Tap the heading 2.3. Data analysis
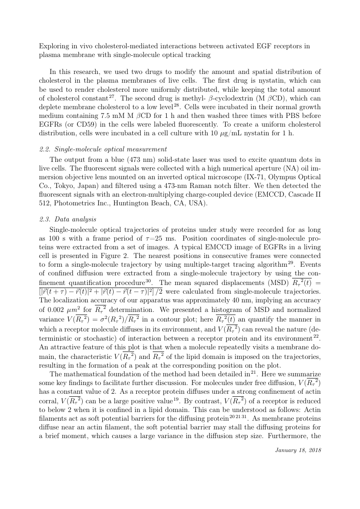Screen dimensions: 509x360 point(67,219)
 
